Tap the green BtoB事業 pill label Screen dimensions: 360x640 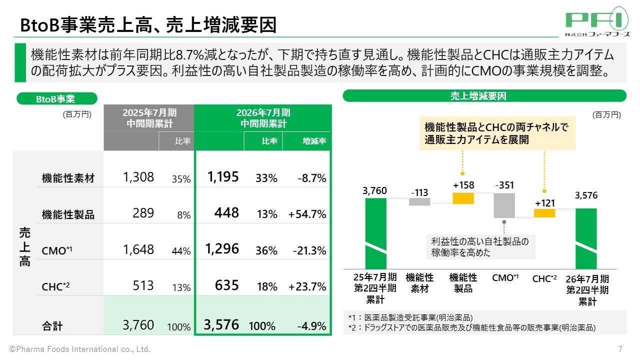click(x=57, y=99)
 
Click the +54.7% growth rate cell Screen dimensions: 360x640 click(x=307, y=214)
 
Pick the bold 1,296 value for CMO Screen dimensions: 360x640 click(x=222, y=248)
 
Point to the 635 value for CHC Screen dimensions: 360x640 click(x=226, y=285)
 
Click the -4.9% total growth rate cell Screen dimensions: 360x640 click(x=311, y=326)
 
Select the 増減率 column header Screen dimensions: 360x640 click(x=306, y=142)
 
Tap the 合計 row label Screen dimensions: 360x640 click(x=52, y=326)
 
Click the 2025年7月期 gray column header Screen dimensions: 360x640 click(x=148, y=118)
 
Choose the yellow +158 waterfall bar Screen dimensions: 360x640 click(x=463, y=198)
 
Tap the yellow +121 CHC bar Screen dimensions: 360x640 click(x=544, y=213)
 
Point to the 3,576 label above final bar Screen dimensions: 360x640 click(x=586, y=195)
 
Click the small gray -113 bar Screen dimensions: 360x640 click(x=419, y=201)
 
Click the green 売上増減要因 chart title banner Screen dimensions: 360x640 click(x=484, y=96)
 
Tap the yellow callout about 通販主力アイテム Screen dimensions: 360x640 click(x=497, y=133)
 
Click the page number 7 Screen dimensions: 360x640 click(x=620, y=349)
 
